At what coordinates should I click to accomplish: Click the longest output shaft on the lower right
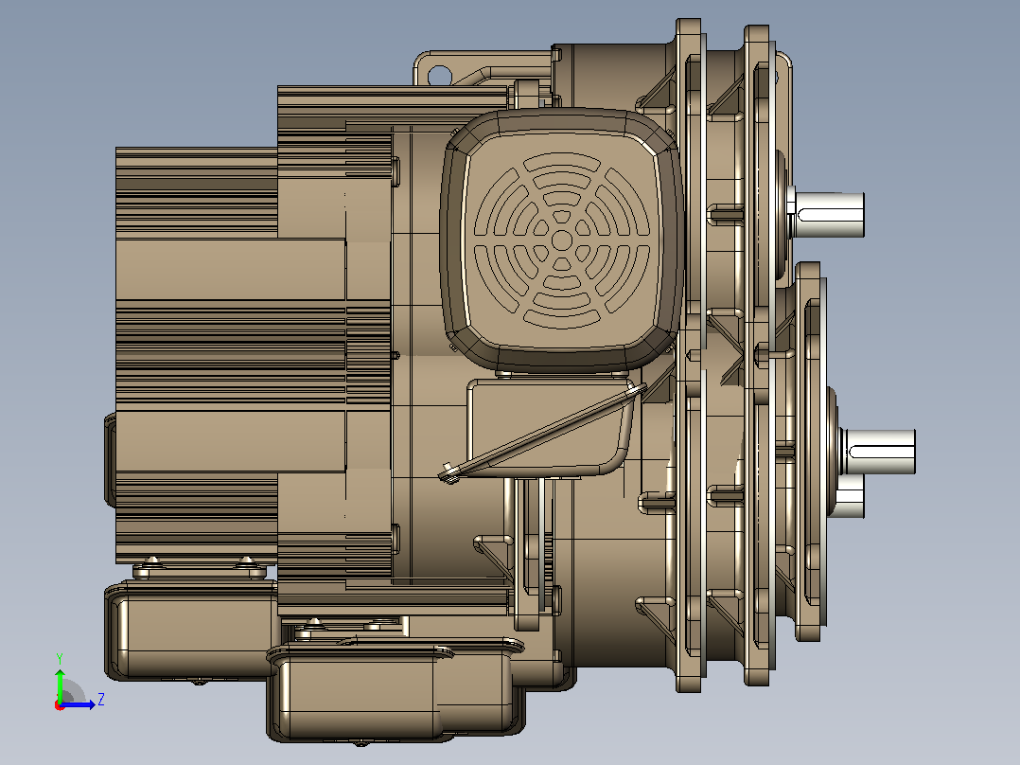click(x=877, y=452)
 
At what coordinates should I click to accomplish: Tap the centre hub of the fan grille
click(x=561, y=240)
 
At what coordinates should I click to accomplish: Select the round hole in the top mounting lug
click(x=439, y=75)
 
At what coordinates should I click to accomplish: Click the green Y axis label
click(x=60, y=658)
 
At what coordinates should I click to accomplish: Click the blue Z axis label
click(x=101, y=700)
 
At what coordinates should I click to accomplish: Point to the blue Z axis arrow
click(x=78, y=704)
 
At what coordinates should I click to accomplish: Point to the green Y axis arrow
click(x=60, y=685)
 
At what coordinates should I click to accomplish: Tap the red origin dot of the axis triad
click(x=59, y=706)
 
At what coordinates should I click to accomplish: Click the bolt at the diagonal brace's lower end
click(x=448, y=472)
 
